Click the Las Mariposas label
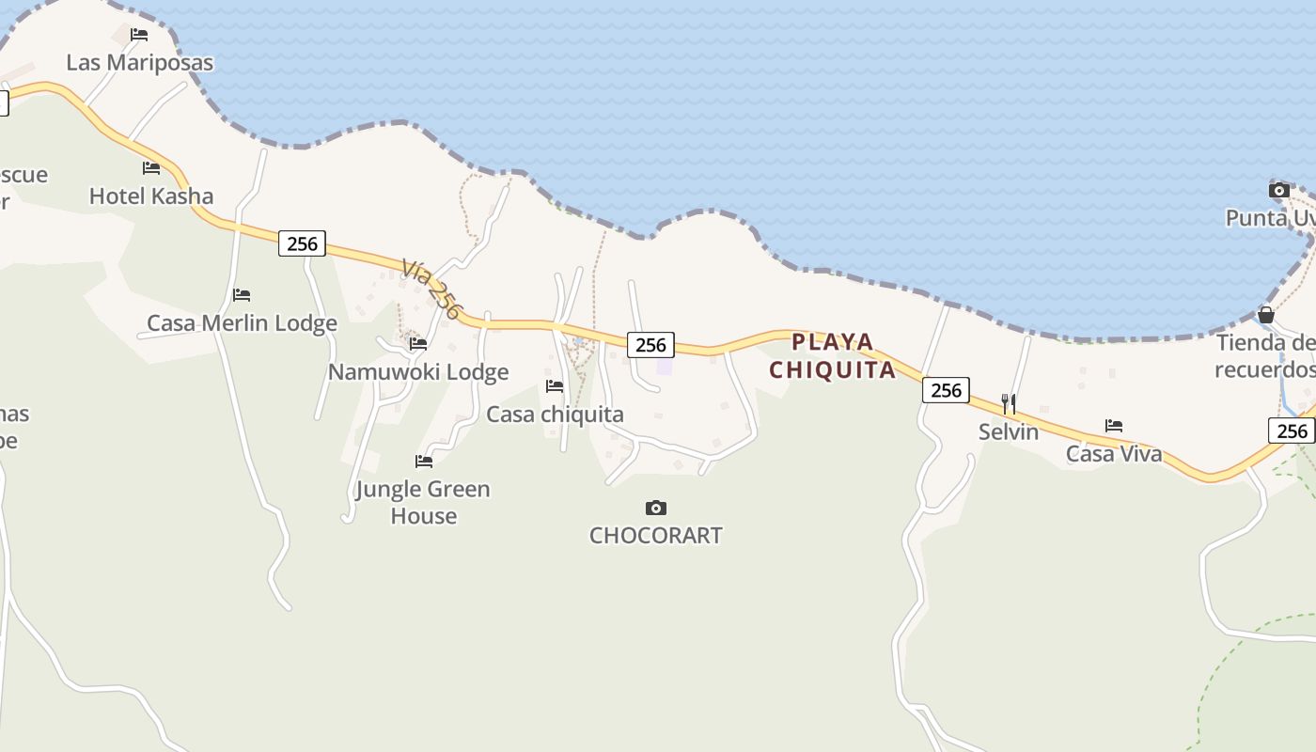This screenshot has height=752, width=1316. coord(139,62)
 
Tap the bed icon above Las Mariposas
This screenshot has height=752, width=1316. coord(139,35)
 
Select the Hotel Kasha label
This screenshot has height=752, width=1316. coord(151,196)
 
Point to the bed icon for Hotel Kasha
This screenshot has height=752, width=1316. coord(151,168)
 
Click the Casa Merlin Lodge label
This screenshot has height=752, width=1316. coord(242,322)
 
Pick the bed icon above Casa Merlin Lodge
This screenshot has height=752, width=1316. coord(242,295)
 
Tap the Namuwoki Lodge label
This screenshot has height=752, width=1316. coord(418,371)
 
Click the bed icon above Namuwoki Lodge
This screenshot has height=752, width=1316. coord(418,344)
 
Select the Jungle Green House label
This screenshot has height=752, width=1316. coord(423,502)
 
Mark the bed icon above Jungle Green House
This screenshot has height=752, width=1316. coord(424,461)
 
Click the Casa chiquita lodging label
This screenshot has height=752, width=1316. coord(555,414)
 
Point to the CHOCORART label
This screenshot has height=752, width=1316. coord(656,535)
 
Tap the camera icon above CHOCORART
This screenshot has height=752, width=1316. coord(656,509)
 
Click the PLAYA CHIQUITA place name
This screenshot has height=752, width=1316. coord(833,355)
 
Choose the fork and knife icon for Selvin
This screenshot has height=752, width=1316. coord(1009,404)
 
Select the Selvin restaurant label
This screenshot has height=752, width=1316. coord(1009,431)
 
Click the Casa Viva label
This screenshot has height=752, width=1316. coord(1114,454)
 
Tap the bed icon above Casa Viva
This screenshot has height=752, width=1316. coord(1114,426)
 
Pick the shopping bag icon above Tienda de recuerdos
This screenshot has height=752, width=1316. coord(1266,315)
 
